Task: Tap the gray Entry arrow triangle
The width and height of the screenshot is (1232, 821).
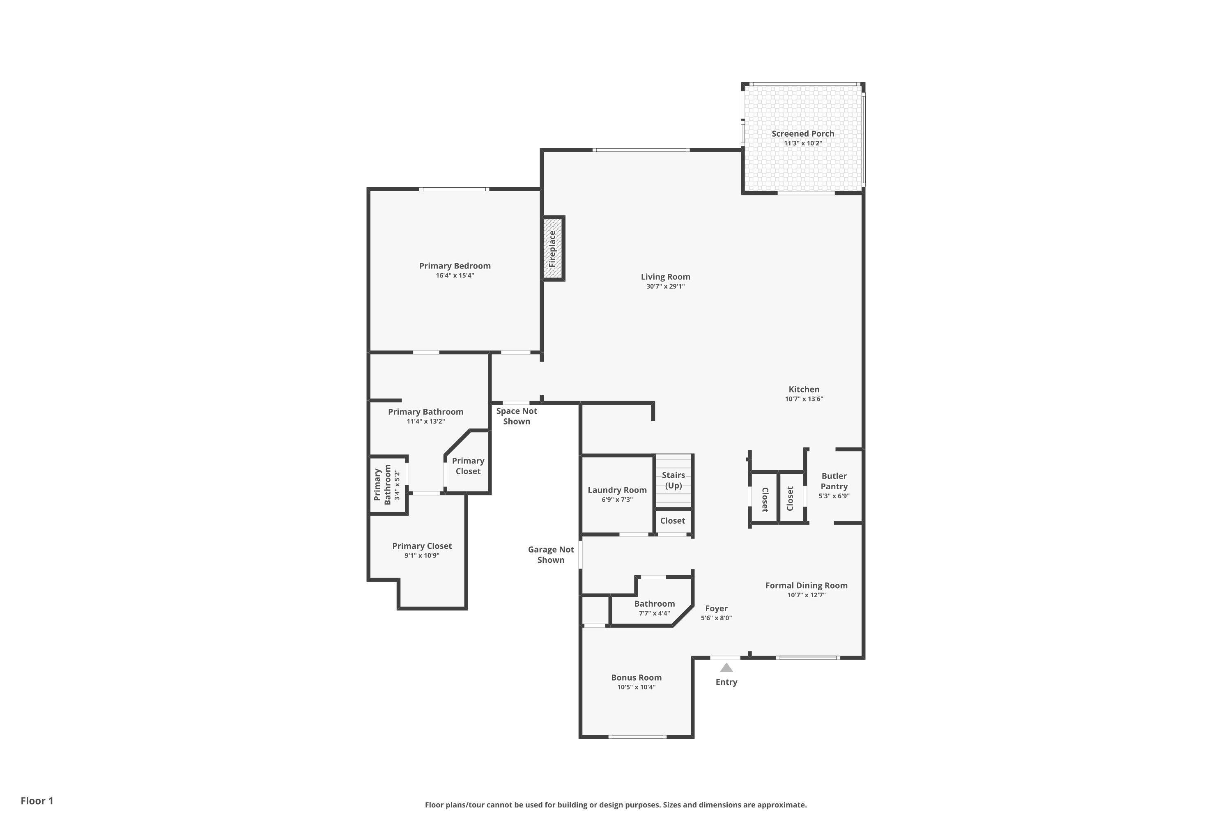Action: tap(726, 667)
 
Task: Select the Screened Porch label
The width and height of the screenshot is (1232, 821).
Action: tap(802, 133)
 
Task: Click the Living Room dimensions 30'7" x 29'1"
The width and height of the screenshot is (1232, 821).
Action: tap(665, 287)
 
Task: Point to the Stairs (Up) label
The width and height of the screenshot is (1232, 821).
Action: tap(673, 480)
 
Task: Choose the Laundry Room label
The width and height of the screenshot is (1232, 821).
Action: tap(617, 490)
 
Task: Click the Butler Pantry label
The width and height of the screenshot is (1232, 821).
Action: tap(834, 481)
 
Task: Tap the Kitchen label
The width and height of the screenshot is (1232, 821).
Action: tap(804, 389)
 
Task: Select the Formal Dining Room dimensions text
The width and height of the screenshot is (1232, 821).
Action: tap(806, 595)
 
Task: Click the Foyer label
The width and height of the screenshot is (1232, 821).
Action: tap(716, 608)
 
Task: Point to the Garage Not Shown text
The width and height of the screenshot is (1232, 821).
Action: tap(551, 555)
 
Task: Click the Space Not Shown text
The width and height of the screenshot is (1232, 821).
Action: tap(517, 416)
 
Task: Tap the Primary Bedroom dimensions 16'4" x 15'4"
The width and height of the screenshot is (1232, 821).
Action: tap(455, 275)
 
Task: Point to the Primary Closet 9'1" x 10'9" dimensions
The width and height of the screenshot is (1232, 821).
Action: tap(422, 555)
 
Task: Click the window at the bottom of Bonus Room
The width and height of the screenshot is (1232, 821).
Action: tap(637, 737)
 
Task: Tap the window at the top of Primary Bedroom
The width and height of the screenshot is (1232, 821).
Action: tap(454, 189)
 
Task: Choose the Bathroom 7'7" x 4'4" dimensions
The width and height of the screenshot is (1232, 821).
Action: tap(654, 613)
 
